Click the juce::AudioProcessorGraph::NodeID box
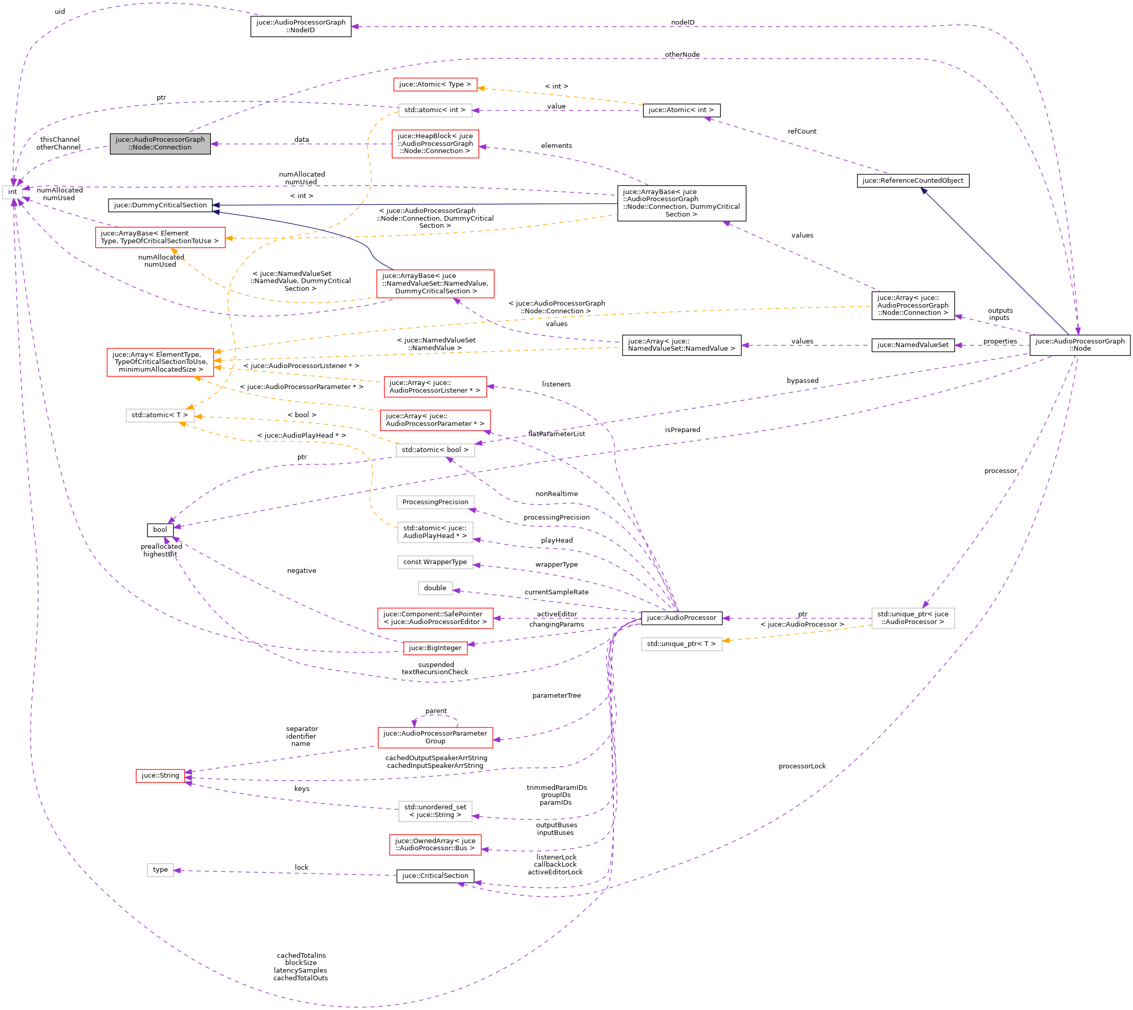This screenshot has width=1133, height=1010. tap(301, 26)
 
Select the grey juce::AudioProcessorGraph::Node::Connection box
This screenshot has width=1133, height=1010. tap(160, 144)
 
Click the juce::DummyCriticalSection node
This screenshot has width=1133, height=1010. tap(160, 205)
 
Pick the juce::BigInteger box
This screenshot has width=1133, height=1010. tap(435, 648)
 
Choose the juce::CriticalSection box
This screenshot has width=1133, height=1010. tap(435, 876)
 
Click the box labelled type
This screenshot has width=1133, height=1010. tap(160, 870)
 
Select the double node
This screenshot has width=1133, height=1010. tap(435, 588)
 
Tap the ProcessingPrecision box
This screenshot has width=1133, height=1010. tap(435, 502)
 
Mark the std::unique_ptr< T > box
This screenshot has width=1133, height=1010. tap(681, 644)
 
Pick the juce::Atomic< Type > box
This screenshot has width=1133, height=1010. tap(435, 84)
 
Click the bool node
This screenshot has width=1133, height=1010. tap(160, 529)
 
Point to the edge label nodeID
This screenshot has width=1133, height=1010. tap(682, 22)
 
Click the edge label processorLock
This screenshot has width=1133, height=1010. tap(802, 766)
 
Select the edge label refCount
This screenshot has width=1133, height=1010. tap(802, 132)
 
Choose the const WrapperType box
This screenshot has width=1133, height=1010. tap(435, 562)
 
